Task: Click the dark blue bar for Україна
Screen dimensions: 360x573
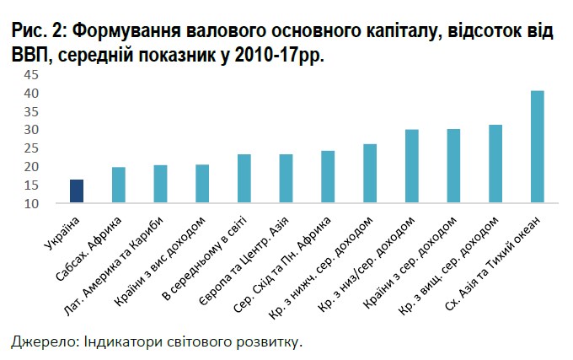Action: [x=77, y=191]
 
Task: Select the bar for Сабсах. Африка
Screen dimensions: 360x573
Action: [x=118, y=185]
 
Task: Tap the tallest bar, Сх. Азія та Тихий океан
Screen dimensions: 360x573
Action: [x=537, y=147]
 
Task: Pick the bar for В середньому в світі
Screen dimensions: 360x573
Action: [x=244, y=179]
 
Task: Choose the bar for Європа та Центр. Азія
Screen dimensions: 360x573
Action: [x=286, y=179]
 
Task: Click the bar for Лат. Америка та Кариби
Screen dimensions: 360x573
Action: [x=160, y=184]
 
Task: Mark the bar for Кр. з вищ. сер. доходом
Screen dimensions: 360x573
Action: [x=495, y=164]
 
